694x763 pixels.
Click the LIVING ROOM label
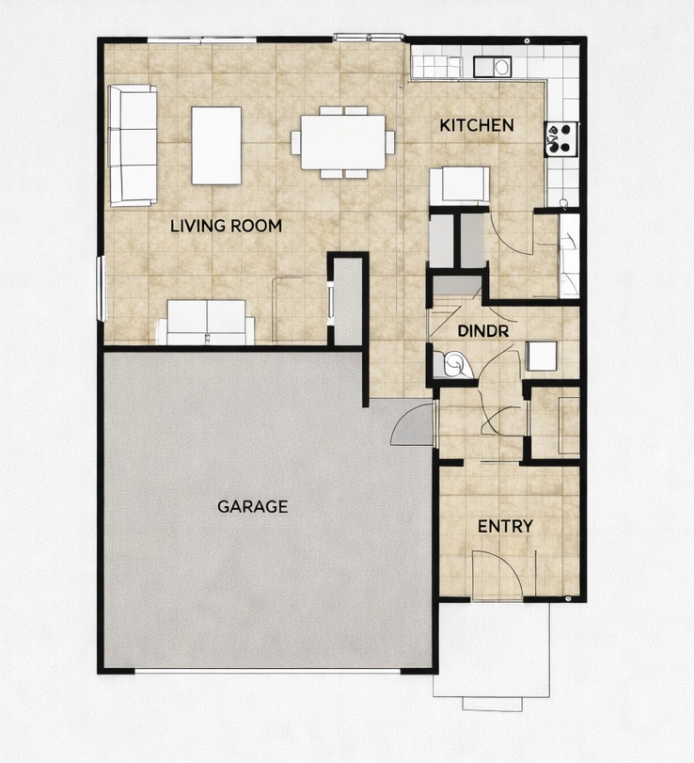pos(226,226)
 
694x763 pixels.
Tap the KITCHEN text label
pos(477,125)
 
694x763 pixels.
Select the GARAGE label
pos(252,506)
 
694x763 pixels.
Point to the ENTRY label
pos(505,526)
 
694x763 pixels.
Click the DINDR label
pos(482,331)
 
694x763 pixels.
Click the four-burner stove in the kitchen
pos(560,138)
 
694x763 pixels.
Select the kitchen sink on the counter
pos(493,67)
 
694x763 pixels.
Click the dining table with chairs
pos(342,142)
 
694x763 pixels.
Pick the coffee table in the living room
pos(216,145)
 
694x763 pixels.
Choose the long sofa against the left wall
pos(133,145)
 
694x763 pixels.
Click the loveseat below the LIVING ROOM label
pos(206,322)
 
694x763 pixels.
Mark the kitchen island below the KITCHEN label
pos(460,185)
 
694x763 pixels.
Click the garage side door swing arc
pos(411,423)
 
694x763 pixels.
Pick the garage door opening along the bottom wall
pos(268,670)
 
